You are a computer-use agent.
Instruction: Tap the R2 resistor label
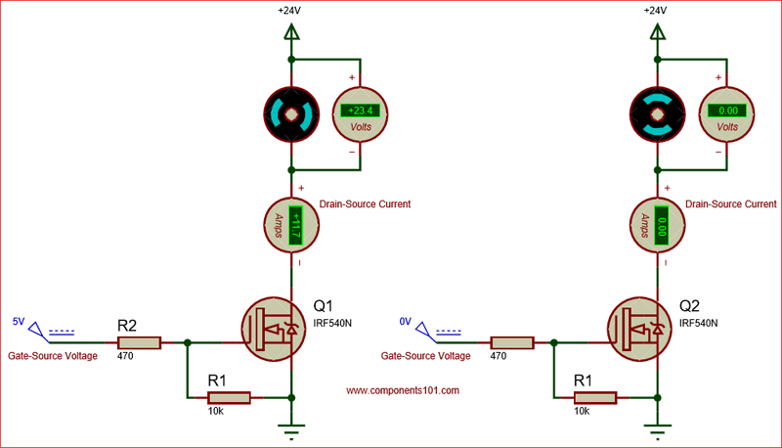(x=127, y=324)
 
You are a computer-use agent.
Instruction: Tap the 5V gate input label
(x=19, y=321)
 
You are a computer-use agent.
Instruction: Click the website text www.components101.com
(x=403, y=389)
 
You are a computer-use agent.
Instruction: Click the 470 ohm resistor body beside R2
(x=139, y=343)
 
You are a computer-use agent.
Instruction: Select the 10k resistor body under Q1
(x=229, y=397)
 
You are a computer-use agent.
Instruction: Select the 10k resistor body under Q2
(x=594, y=397)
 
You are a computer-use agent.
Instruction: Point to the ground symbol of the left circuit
(x=291, y=427)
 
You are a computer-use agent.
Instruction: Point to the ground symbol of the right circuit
(x=658, y=427)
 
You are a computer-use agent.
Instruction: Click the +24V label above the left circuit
(x=290, y=11)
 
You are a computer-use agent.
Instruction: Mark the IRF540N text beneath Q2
(x=698, y=322)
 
